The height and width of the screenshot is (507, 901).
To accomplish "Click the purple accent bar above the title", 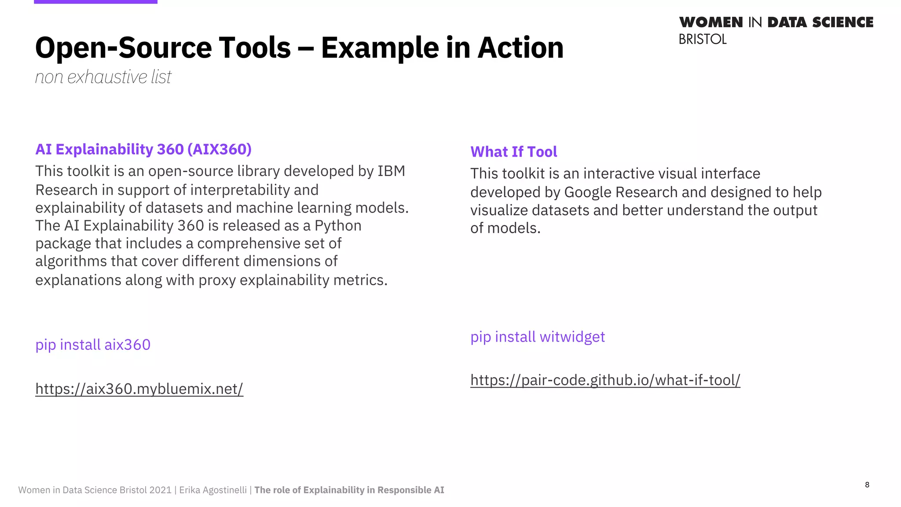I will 95,2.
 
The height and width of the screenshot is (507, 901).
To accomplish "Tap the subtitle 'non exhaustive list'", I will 103,77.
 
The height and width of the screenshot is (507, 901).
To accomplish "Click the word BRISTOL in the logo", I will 703,40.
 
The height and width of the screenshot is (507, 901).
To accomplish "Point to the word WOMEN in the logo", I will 711,22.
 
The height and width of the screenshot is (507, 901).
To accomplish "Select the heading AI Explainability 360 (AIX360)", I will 143,149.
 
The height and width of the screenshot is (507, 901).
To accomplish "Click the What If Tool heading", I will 513,152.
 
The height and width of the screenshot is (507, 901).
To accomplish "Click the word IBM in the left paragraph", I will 391,171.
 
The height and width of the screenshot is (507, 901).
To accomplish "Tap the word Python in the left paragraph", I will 338,225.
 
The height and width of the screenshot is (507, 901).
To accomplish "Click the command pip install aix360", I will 93,345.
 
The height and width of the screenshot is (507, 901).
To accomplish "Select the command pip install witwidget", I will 538,337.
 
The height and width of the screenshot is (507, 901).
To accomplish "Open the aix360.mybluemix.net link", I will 139,389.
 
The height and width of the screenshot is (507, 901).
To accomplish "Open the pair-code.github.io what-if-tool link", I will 605,380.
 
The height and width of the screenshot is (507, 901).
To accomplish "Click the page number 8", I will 867,485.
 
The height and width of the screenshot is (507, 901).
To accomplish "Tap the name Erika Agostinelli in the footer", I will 213,490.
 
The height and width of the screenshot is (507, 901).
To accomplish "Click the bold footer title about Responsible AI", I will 349,490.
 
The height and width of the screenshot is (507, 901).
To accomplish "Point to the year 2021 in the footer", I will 160,490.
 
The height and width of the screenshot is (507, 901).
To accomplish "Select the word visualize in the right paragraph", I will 499,210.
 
